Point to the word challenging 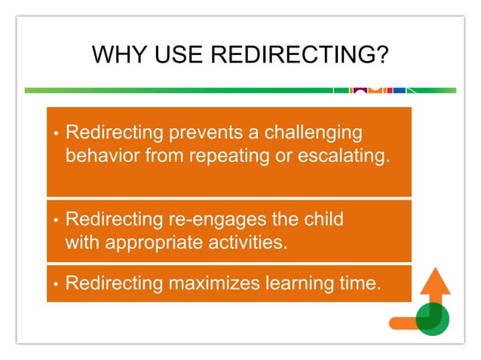pyautogui.click(x=307, y=133)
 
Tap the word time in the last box pyautogui.click(x=354, y=284)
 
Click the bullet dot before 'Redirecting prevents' pyautogui.click(x=56, y=135)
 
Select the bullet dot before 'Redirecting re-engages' pyautogui.click(x=56, y=221)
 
